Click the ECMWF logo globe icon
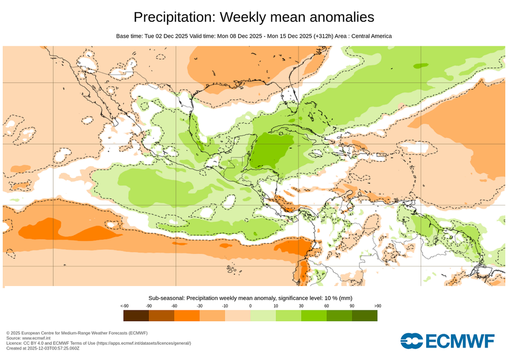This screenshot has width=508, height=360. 411,341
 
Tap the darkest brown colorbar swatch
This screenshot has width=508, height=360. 136,315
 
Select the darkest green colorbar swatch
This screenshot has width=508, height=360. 365,315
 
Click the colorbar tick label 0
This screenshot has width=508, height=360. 251,306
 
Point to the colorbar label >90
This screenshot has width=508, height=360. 378,306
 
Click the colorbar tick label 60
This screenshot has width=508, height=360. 326,306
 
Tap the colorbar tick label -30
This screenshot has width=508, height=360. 199,306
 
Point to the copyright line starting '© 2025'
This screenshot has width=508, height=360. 77,333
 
